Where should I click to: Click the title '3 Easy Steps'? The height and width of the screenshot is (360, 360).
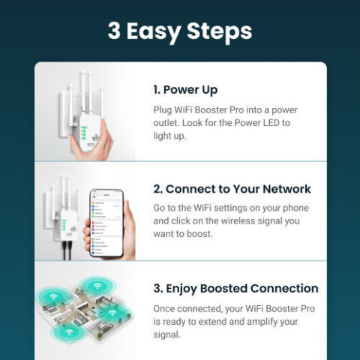[179, 31]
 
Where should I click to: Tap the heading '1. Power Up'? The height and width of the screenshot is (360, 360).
[185, 90]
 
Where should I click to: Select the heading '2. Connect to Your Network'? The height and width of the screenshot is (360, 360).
[232, 189]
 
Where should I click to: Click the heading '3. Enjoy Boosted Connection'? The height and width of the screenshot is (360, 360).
[235, 288]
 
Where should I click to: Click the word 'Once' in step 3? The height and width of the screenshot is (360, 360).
[165, 308]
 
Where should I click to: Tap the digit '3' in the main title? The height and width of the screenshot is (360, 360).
[115, 31]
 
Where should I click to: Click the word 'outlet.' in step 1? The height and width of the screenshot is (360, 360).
[169, 123]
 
